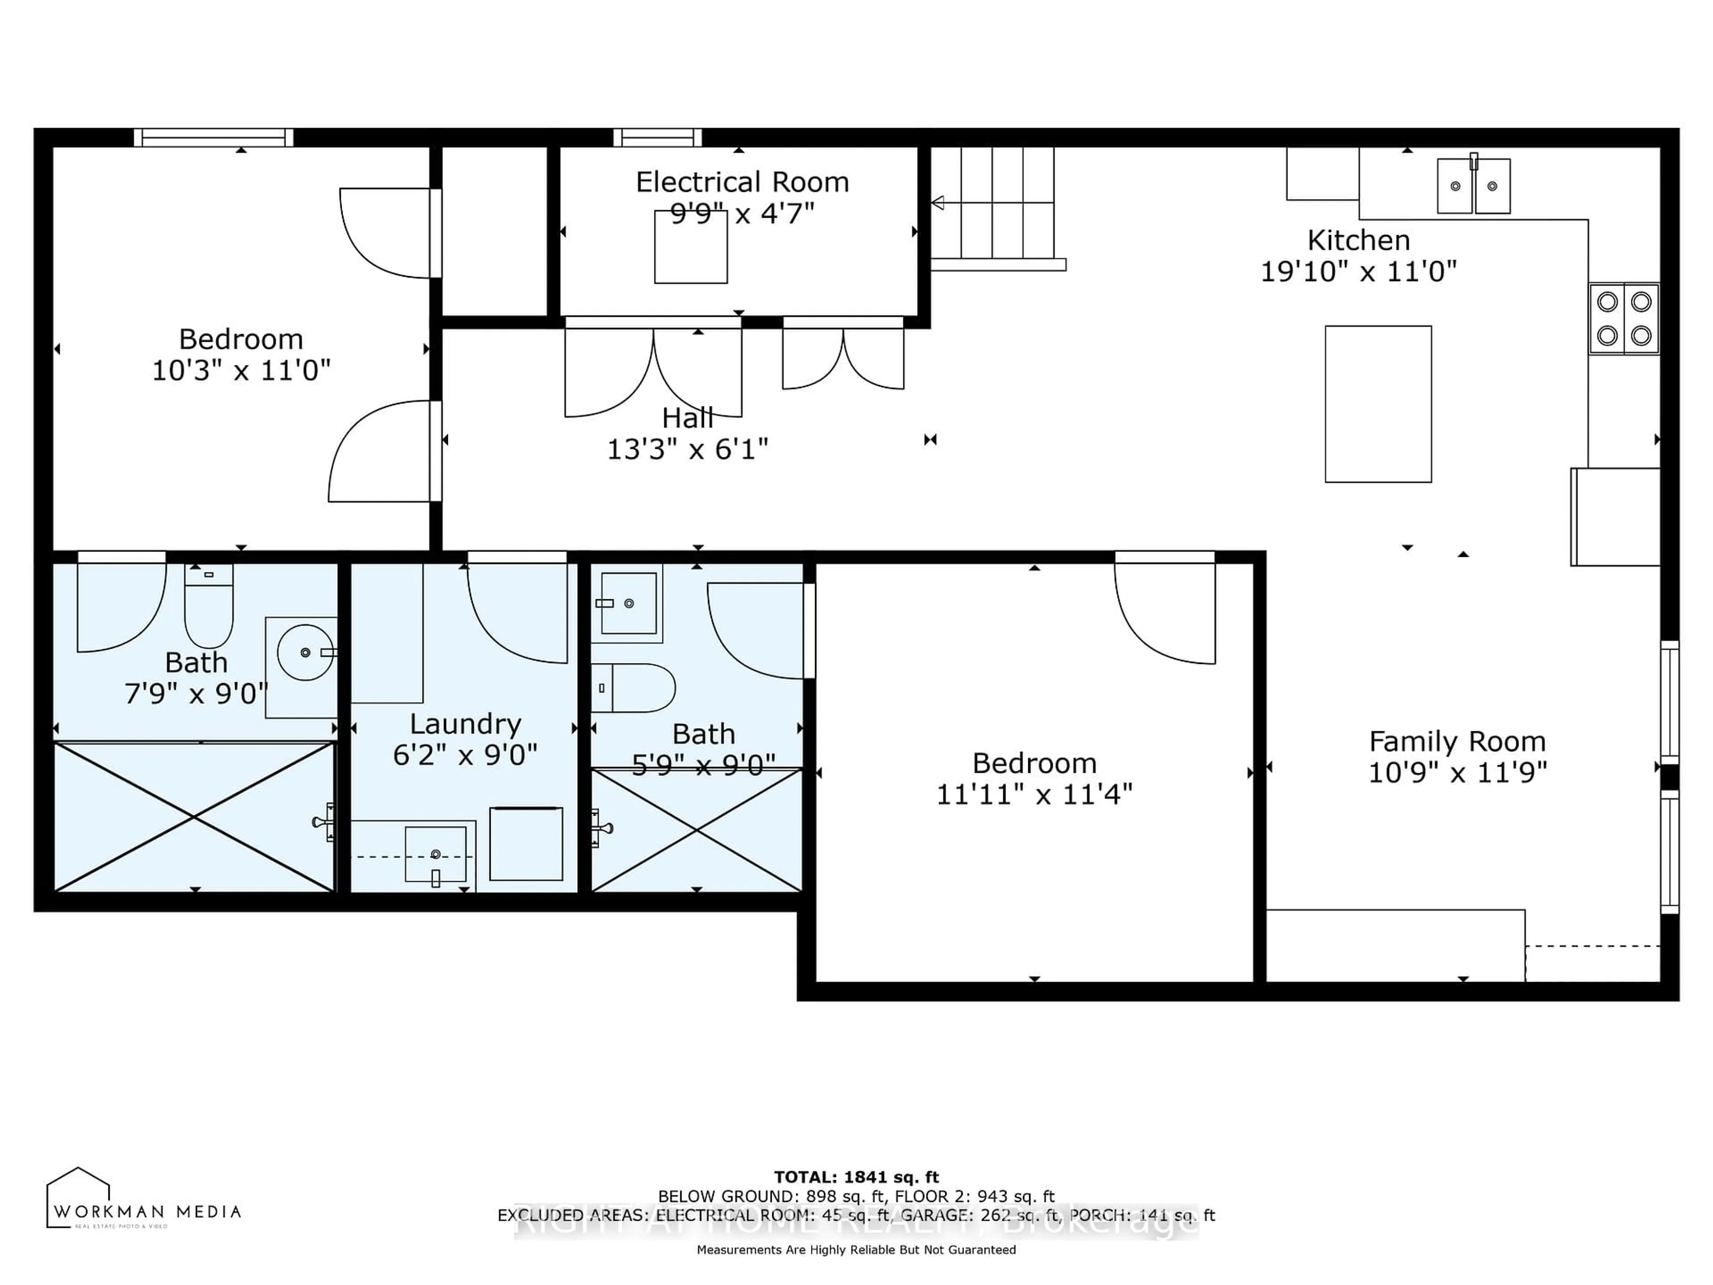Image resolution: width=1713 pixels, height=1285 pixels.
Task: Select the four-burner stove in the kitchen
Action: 1624,318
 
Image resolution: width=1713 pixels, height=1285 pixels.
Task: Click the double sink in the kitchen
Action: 1473,186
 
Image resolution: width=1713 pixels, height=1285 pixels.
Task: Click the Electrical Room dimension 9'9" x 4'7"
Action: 742,213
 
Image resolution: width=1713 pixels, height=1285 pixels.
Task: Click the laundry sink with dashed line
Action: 435,855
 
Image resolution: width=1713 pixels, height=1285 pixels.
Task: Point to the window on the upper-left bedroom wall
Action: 214,138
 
